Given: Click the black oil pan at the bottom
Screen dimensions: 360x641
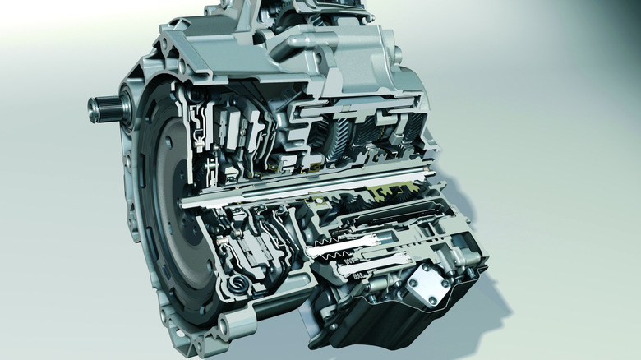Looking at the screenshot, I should [x=386, y=325].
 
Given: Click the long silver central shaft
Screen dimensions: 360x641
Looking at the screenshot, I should [x=312, y=194].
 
